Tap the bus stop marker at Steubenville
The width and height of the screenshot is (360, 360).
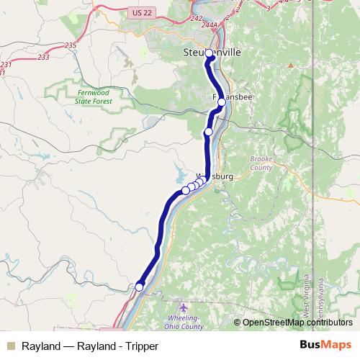point(209,53)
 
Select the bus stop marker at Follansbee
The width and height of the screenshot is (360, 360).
point(222,102)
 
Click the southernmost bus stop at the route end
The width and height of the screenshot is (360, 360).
point(139,287)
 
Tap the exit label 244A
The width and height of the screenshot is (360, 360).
point(210,25)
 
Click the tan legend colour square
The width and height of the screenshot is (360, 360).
point(10,346)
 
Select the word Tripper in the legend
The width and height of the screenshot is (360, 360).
point(140,346)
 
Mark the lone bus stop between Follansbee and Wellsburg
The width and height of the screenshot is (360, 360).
point(208,132)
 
